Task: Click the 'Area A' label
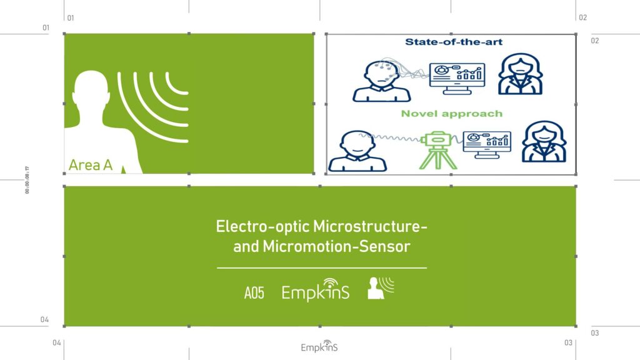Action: click(90, 165)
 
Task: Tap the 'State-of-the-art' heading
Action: click(454, 42)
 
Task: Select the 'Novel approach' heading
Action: click(451, 114)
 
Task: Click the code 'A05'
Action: click(254, 292)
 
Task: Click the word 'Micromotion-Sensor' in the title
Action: click(336, 246)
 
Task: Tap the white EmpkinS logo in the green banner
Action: click(315, 290)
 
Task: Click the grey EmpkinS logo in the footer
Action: click(319, 346)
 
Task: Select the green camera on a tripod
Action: click(438, 150)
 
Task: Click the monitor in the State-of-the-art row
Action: click(457, 78)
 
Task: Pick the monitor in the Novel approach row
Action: click(487, 144)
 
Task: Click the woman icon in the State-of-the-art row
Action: click(521, 74)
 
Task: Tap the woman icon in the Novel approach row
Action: click(544, 141)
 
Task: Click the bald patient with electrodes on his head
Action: click(381, 81)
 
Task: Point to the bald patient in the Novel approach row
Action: click(357, 151)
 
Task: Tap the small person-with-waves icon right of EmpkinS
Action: click(381, 288)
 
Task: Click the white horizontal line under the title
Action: click(322, 268)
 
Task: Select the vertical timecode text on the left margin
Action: click(27, 180)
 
